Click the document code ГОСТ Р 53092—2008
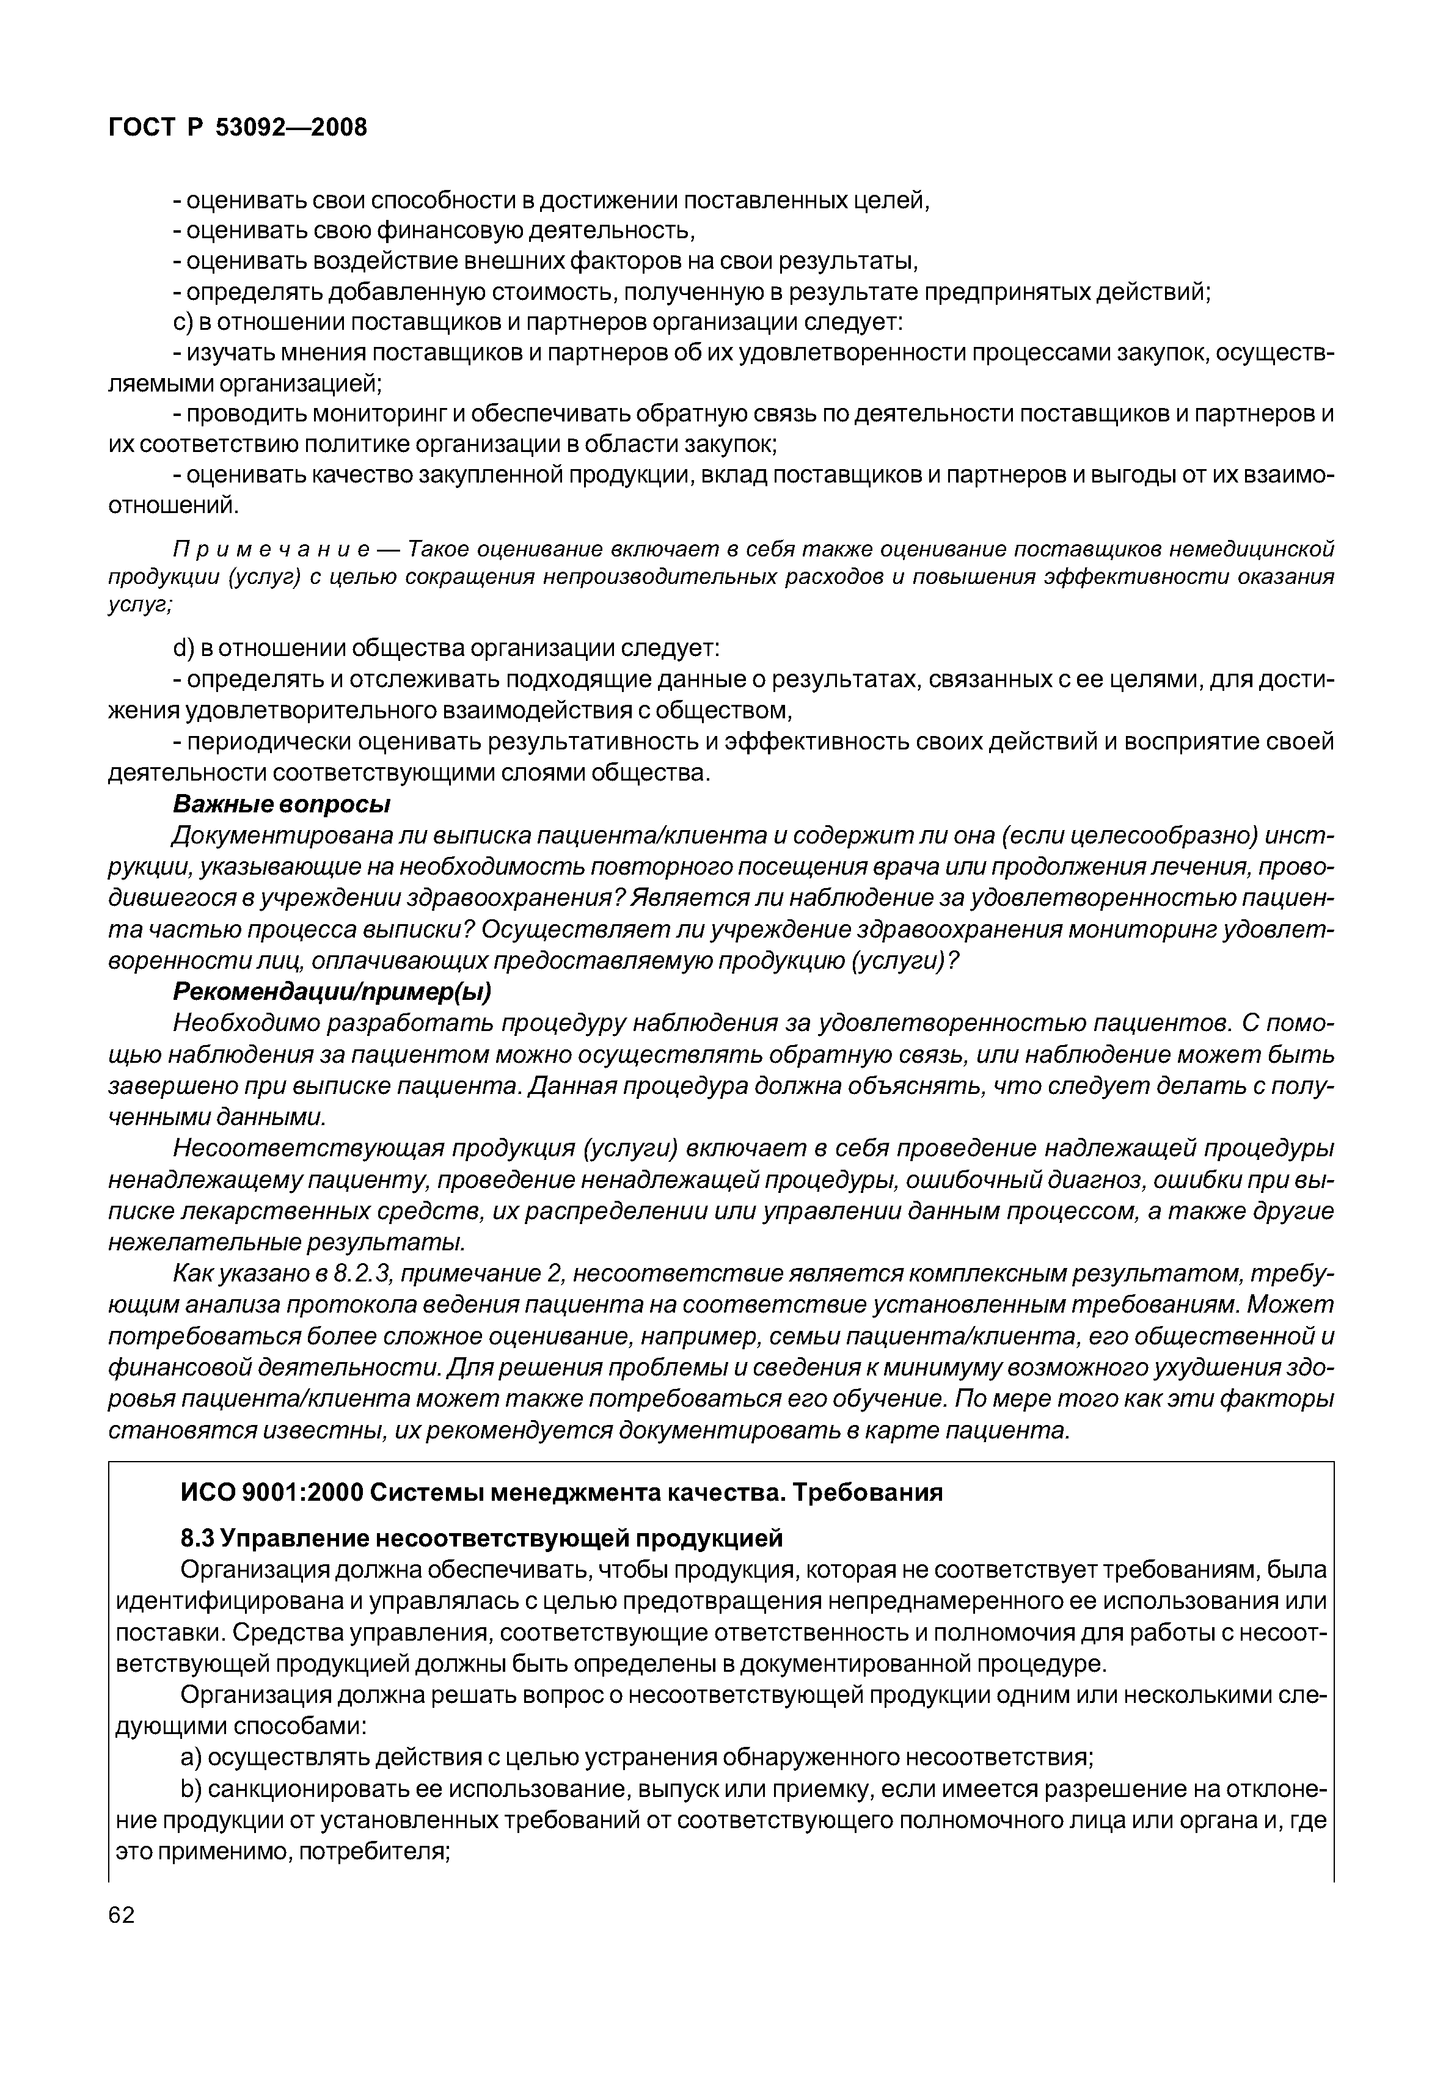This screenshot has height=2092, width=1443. pyautogui.click(x=238, y=128)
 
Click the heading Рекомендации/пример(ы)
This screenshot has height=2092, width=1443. pyautogui.click(x=332, y=992)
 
